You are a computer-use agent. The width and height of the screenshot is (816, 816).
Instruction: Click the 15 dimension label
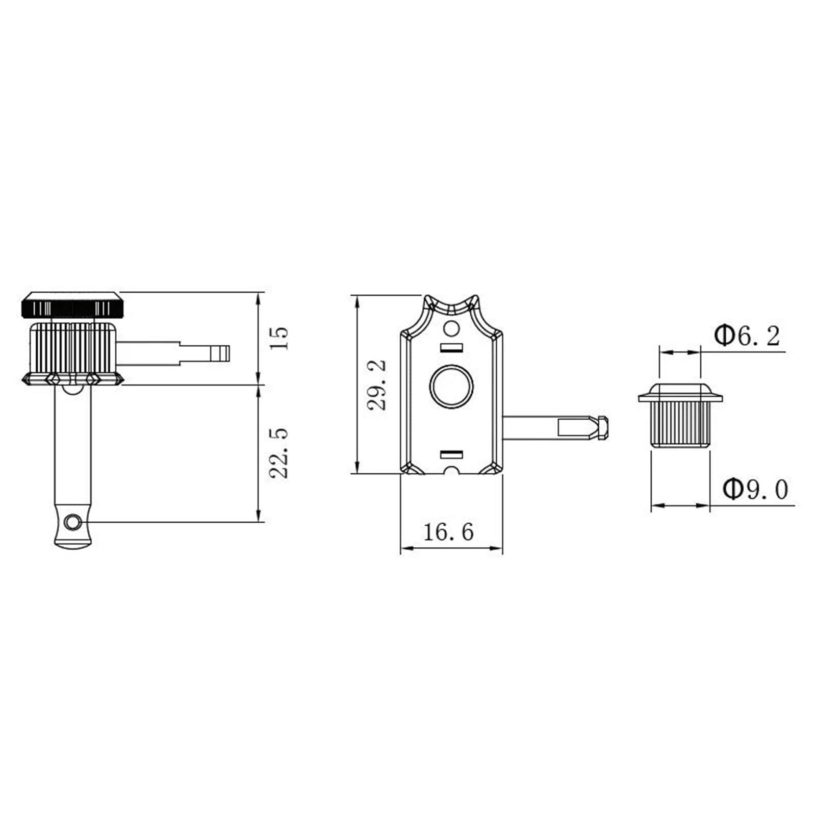tap(279, 338)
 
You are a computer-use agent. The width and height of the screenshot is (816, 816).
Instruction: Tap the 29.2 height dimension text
tap(377, 385)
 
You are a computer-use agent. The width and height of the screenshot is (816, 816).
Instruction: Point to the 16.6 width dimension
tap(448, 532)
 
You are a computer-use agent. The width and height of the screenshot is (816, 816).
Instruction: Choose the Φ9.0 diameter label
tap(755, 490)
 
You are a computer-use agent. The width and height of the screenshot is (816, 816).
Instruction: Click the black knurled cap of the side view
tap(72, 305)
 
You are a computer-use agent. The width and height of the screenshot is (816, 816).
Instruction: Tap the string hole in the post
tap(73, 522)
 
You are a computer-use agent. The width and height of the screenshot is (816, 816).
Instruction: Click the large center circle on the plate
tap(451, 386)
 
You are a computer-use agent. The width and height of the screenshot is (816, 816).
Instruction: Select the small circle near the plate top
tap(451, 328)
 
